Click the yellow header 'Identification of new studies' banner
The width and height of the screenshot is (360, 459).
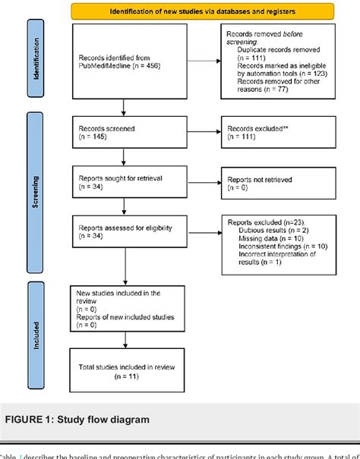tap(204, 11)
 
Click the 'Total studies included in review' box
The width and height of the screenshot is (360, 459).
tap(125, 370)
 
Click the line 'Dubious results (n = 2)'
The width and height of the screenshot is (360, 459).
tap(274, 228)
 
